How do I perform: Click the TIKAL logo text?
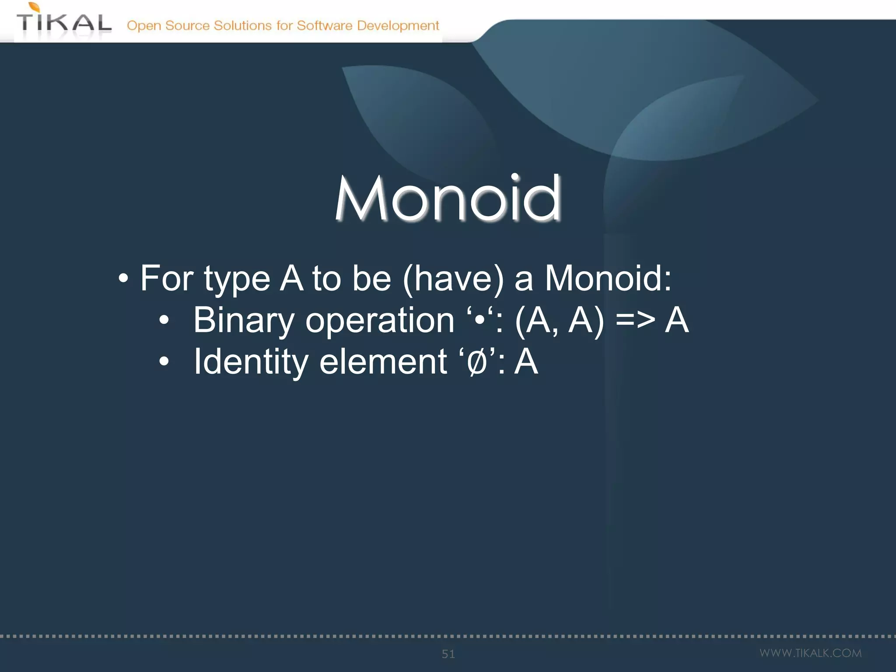tap(64, 23)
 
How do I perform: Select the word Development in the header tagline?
tap(398, 26)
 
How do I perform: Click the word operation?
tap(380, 321)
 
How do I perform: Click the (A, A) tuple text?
tap(560, 321)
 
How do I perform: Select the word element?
tap(383, 362)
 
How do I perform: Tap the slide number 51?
tap(448, 654)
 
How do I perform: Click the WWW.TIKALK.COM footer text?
tap(810, 653)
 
